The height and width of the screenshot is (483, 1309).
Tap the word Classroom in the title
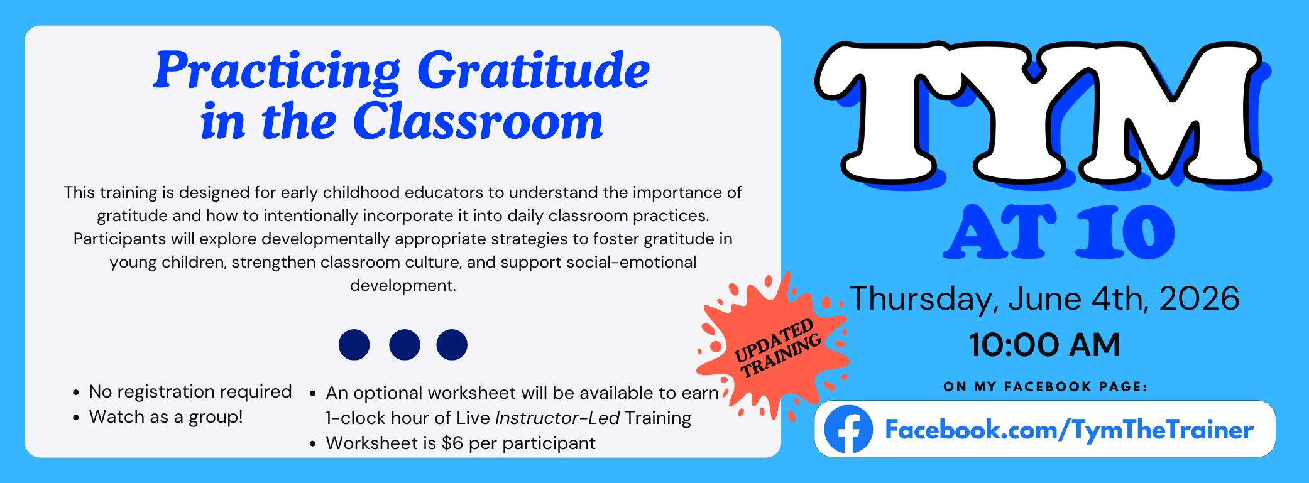pyautogui.click(x=478, y=121)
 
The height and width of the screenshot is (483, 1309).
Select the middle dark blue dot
pyautogui.click(x=404, y=344)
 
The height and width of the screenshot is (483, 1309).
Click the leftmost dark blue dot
pyautogui.click(x=354, y=344)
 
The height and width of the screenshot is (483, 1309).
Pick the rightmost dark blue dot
pyautogui.click(x=452, y=344)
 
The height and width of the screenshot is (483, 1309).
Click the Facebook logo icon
pyautogui.click(x=848, y=429)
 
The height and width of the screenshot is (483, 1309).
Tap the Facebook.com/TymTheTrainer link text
pyautogui.click(x=1069, y=430)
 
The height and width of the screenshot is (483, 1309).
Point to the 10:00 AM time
pyautogui.click(x=1044, y=345)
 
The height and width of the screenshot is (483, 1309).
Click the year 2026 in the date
pyautogui.click(x=1199, y=298)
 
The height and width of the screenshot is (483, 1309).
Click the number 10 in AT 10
pyautogui.click(x=1126, y=232)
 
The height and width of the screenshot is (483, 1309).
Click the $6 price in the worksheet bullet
pyautogui.click(x=452, y=443)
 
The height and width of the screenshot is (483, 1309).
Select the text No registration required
pyautogui.click(x=190, y=392)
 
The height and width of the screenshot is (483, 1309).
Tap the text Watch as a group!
pyautogui.click(x=166, y=416)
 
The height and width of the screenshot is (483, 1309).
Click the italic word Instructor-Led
pyautogui.click(x=557, y=418)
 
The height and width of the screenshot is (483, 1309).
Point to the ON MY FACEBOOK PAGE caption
pyautogui.click(x=1045, y=387)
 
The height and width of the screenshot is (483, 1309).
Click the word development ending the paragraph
pyautogui.click(x=403, y=286)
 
